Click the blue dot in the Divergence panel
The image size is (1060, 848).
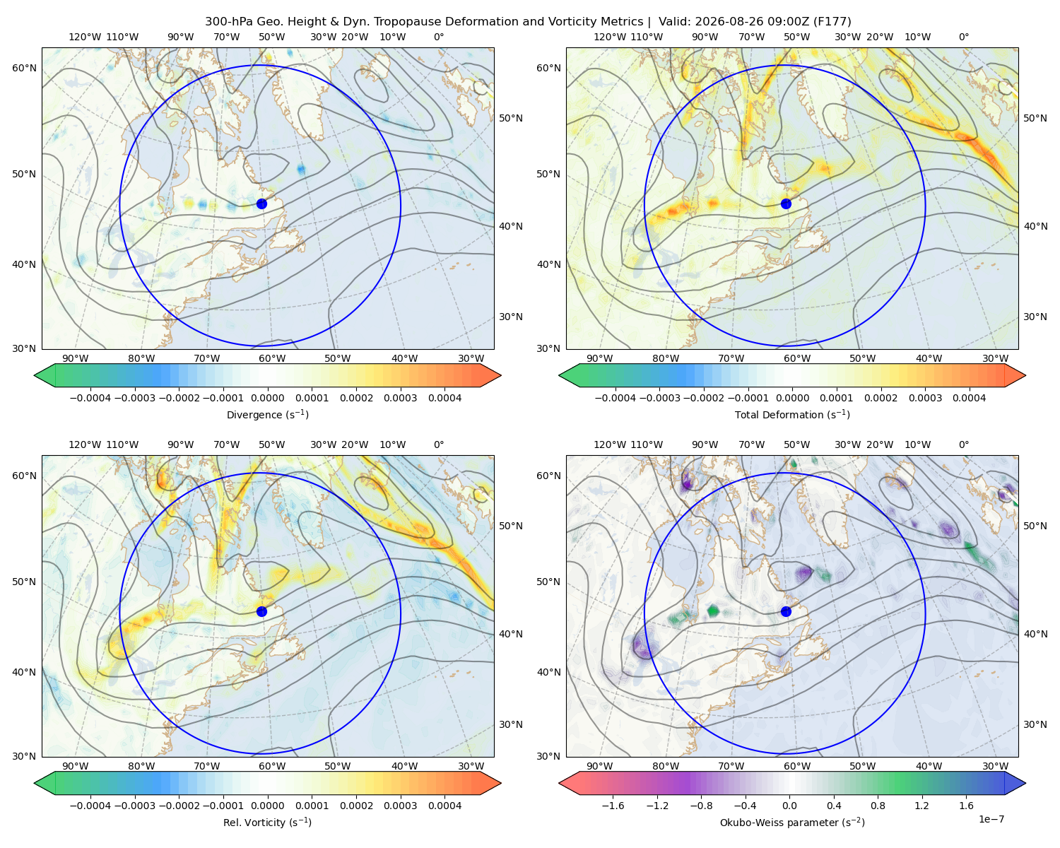click(261, 204)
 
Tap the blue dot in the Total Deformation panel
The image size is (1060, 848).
click(786, 204)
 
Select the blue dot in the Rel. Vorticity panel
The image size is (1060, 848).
click(261, 611)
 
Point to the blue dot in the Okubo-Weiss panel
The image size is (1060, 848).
click(786, 611)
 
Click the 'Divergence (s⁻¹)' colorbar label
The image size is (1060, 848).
click(267, 414)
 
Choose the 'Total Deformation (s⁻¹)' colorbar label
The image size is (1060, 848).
click(792, 414)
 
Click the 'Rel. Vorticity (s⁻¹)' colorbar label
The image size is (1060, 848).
click(267, 822)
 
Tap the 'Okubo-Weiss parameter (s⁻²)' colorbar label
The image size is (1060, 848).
click(792, 822)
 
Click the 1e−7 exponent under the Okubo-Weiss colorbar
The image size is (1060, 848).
click(991, 819)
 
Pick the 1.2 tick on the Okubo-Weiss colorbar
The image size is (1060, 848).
click(921, 806)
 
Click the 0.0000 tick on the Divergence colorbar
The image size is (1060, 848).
click(267, 398)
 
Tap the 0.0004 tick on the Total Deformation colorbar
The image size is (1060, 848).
click(969, 398)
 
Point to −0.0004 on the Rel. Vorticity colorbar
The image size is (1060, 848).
click(90, 806)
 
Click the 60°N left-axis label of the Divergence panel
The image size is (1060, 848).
click(24, 68)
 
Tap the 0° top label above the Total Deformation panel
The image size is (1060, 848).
click(963, 37)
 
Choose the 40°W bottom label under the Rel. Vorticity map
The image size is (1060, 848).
click(404, 766)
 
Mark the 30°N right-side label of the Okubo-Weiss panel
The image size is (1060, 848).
click(1035, 724)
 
